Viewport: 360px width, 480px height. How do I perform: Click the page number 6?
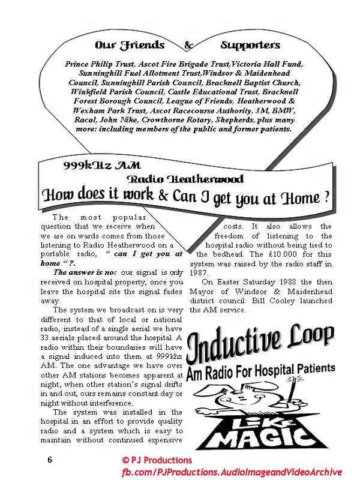coord(50,460)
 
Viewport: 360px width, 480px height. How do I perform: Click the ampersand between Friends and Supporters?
coord(188,45)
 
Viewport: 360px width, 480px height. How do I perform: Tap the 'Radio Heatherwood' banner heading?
coord(185,179)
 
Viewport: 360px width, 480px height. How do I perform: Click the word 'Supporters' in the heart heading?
coord(250,45)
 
